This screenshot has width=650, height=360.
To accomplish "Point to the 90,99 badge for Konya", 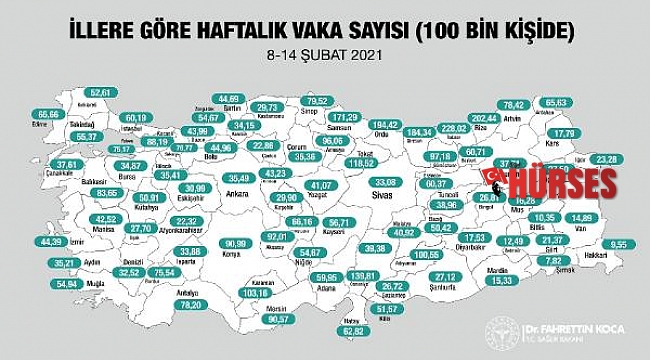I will click(x=239, y=242).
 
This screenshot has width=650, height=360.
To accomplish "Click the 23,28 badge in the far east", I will click(x=603, y=158).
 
